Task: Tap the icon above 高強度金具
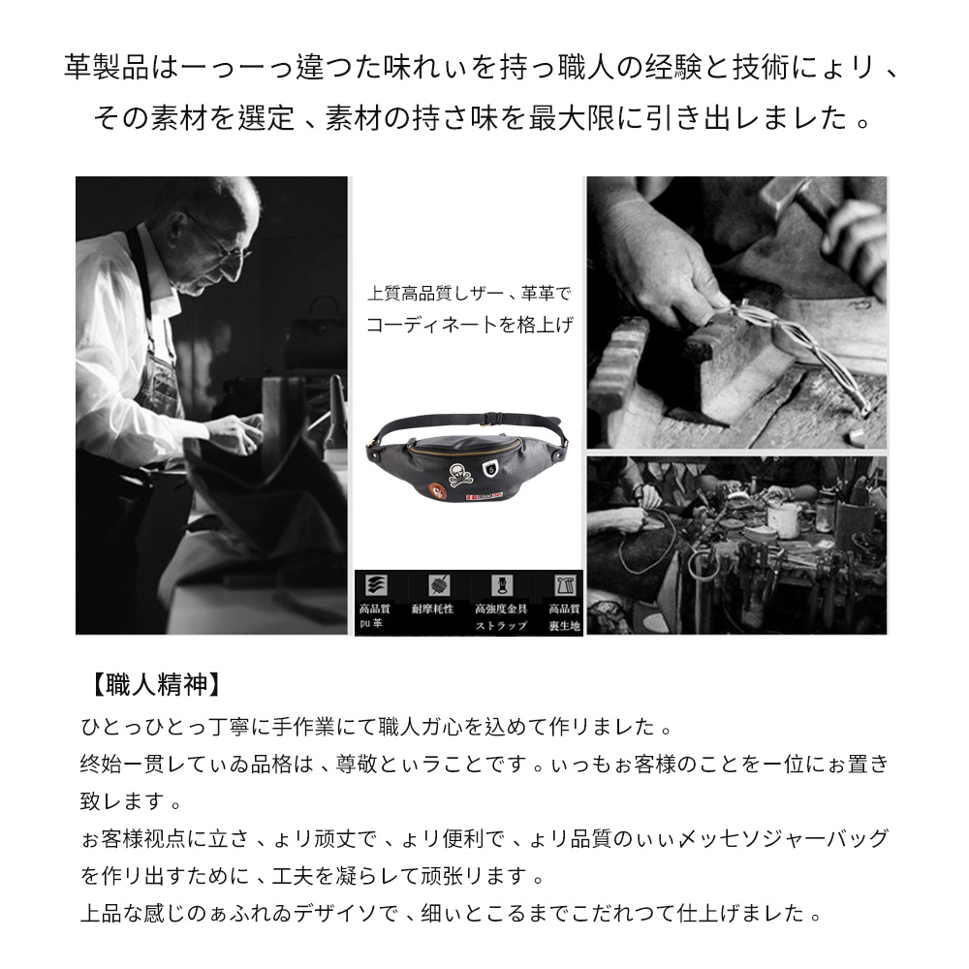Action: tap(502, 585)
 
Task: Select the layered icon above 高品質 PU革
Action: tap(372, 585)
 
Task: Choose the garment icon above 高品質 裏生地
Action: tap(564, 585)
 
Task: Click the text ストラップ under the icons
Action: tap(501, 626)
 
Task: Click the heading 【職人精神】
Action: tap(151, 685)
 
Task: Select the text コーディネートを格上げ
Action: tap(469, 326)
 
